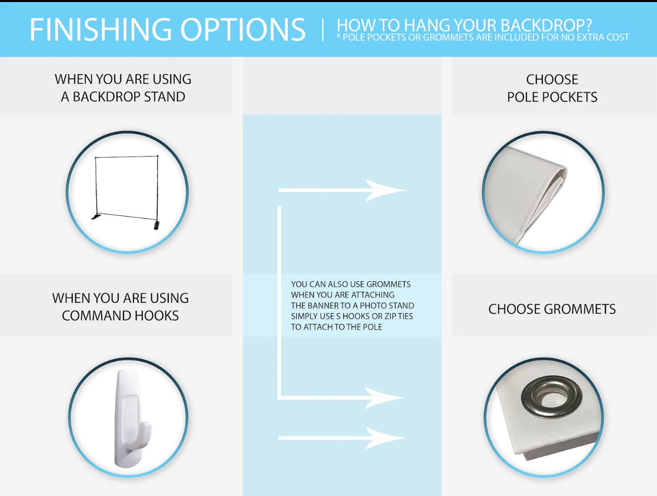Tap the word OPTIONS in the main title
pyautogui.click(x=243, y=30)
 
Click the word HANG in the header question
pyautogui.click(x=423, y=26)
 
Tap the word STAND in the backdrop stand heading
pyautogui.click(x=165, y=97)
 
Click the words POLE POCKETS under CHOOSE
pyautogui.click(x=552, y=97)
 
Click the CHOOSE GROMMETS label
pyautogui.click(x=552, y=309)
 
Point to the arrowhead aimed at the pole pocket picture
pyautogui.click(x=385, y=190)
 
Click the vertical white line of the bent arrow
pyautogui.click(x=279, y=302)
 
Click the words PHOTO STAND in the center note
pyautogui.click(x=387, y=305)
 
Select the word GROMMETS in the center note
pyautogui.click(x=388, y=284)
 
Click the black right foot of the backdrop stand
pyautogui.click(x=156, y=225)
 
